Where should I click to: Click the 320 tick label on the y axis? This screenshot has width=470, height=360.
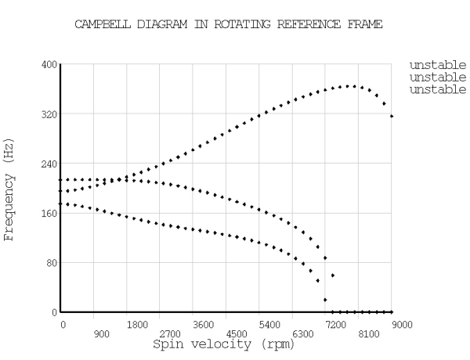pos(48,113)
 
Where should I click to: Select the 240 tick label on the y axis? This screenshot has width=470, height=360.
pos(48,164)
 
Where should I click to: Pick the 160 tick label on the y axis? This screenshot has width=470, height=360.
pos(48,213)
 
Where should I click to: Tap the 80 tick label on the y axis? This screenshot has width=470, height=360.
pos(50,263)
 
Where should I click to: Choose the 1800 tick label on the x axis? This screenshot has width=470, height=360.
pos(137,322)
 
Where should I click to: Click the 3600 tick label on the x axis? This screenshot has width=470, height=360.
pos(203,322)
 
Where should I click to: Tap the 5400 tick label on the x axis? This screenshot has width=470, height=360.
pos(269,322)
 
